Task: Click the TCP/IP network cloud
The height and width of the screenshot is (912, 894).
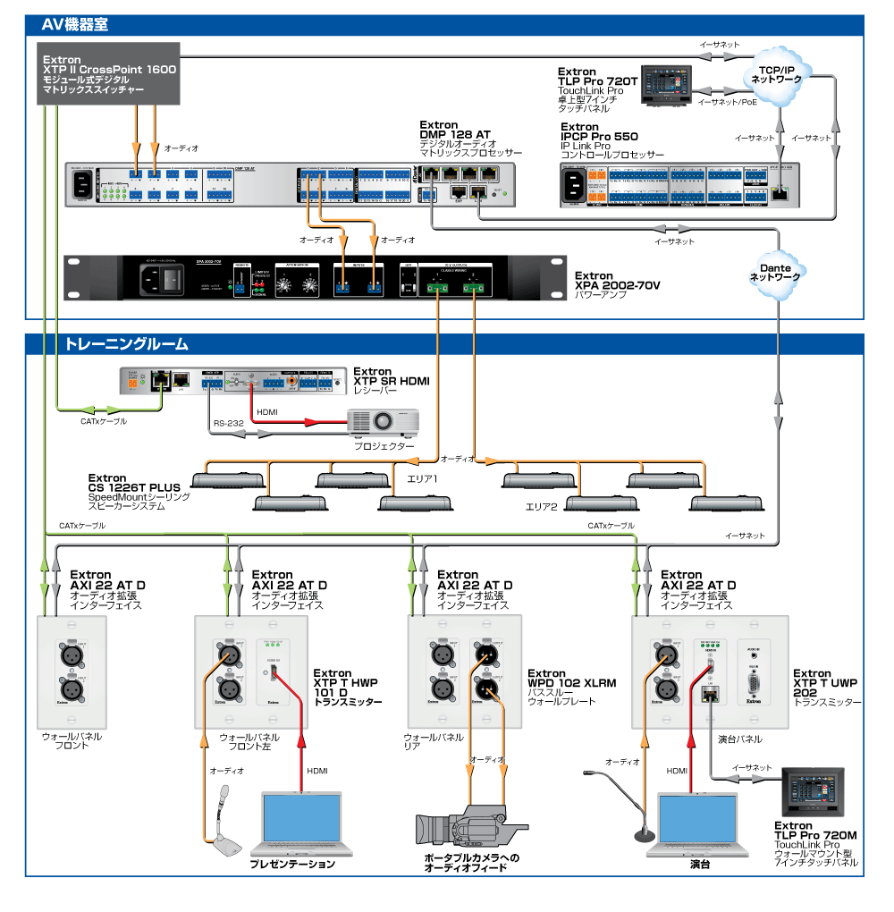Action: click(x=777, y=73)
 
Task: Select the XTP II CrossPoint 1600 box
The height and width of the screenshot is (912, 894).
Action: click(x=110, y=77)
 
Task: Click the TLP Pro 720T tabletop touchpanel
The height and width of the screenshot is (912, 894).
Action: click(x=666, y=86)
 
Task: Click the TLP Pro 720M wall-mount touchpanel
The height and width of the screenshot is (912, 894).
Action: click(x=812, y=790)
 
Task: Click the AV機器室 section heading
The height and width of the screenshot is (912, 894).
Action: click(x=75, y=25)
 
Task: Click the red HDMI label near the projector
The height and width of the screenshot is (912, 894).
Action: click(x=267, y=412)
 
